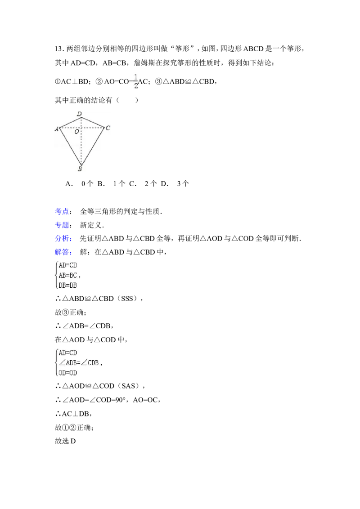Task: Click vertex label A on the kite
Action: [x=57, y=129]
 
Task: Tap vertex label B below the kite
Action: [x=80, y=169]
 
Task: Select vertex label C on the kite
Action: [x=108, y=128]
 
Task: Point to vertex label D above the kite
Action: [x=79, y=114]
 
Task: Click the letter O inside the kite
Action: [x=77, y=132]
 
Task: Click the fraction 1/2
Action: [x=135, y=81]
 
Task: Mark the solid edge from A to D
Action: [x=70, y=123]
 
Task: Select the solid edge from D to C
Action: [x=93, y=122]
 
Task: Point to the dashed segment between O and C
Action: [x=93, y=128]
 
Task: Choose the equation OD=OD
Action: [x=68, y=372]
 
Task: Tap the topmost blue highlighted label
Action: [x=62, y=210]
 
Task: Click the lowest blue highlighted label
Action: [x=63, y=252]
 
